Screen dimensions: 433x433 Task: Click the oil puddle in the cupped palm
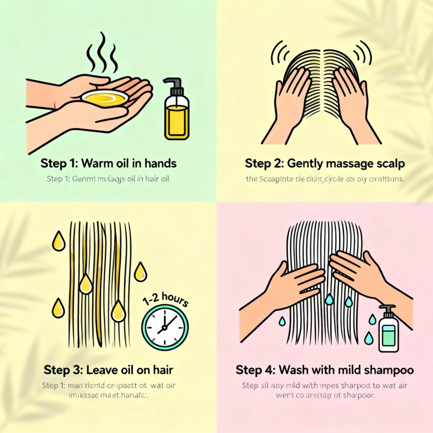(104, 99)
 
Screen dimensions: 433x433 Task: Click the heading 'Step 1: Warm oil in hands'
(109, 163)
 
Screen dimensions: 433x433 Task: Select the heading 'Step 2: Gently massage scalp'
(325, 163)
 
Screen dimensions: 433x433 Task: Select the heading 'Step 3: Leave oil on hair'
(109, 370)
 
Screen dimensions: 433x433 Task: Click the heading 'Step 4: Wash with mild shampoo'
(325, 370)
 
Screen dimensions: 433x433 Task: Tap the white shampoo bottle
(388, 332)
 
